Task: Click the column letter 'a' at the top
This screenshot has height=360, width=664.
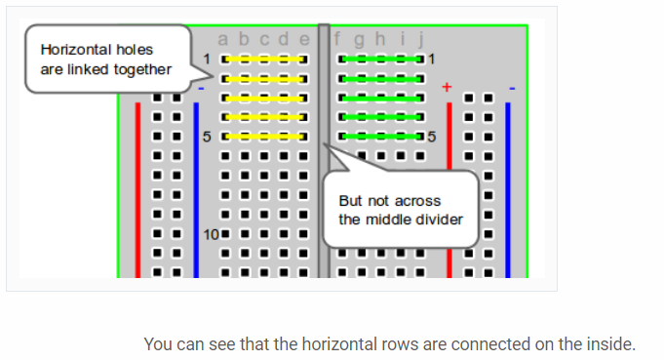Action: click(223, 40)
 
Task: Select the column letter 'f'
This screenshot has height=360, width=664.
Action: click(338, 40)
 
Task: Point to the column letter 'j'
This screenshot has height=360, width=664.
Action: click(420, 40)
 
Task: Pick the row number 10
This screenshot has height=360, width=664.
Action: click(210, 234)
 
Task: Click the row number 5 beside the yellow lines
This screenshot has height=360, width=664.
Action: click(207, 137)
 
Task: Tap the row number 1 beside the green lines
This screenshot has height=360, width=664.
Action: click(430, 60)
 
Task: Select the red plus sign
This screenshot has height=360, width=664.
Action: click(448, 88)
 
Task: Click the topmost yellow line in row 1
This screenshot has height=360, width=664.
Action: click(263, 60)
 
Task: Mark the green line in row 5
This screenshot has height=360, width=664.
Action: click(380, 137)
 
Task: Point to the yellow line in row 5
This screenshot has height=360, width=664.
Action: click(263, 137)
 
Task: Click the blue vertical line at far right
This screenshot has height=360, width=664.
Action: click(508, 185)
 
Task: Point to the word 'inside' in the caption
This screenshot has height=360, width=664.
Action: click(608, 343)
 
